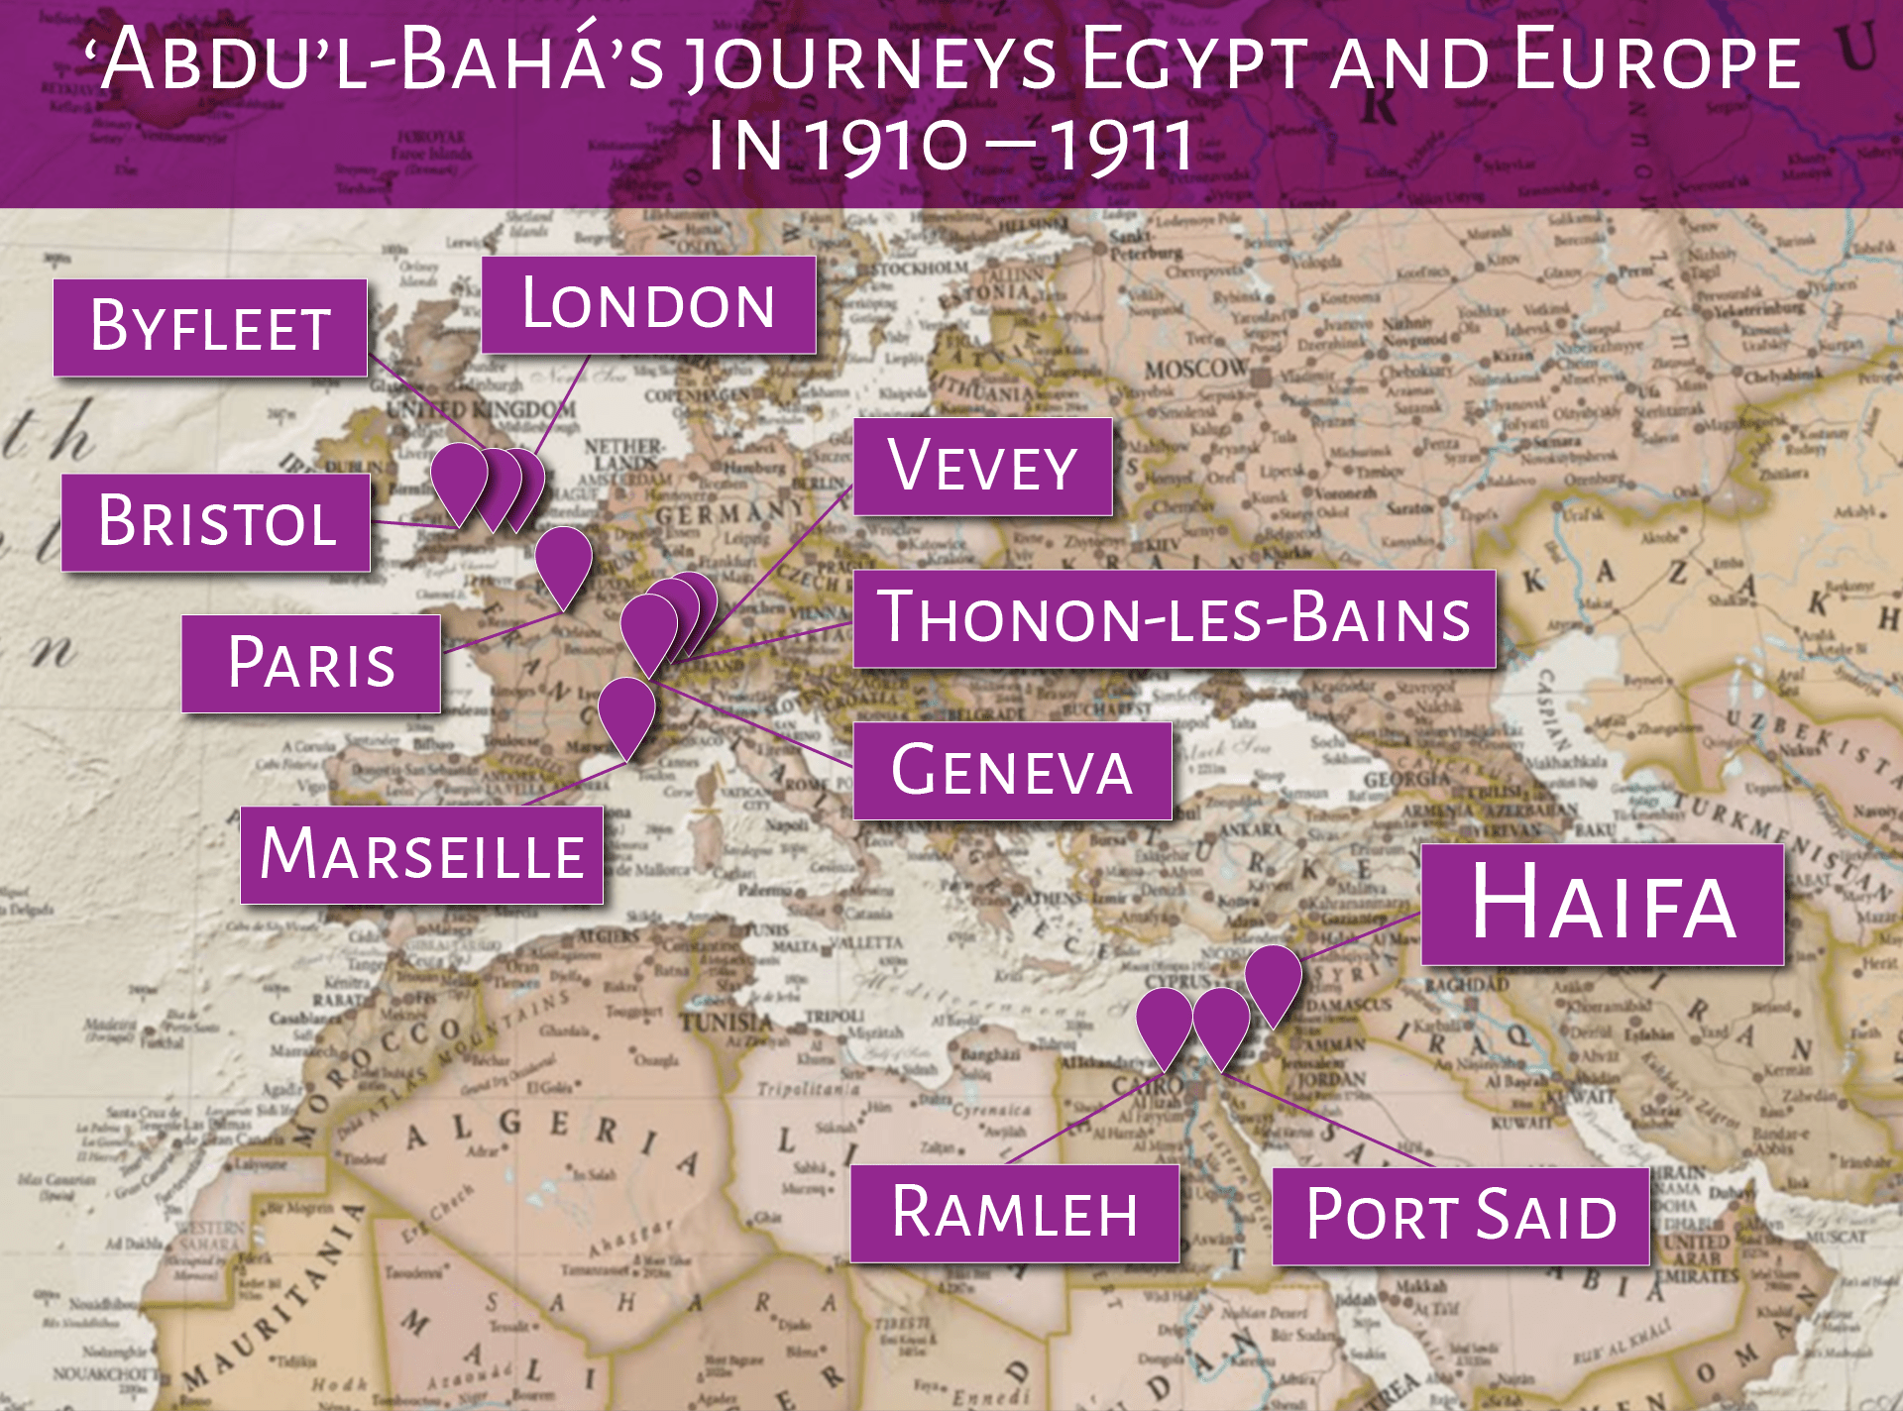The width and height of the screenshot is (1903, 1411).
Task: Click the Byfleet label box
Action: pyautogui.click(x=210, y=327)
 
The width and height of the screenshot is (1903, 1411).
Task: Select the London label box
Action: pyautogui.click(x=648, y=304)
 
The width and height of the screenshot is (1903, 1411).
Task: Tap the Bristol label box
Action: pyautogui.click(x=216, y=522)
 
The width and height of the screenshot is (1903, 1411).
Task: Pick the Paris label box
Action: pyautogui.click(x=311, y=663)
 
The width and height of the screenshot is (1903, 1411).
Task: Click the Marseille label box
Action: pyautogui.click(x=422, y=854)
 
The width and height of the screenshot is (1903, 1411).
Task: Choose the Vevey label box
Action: pyautogui.click(x=982, y=466)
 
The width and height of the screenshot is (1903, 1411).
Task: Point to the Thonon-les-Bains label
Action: pyautogui.click(x=1175, y=618)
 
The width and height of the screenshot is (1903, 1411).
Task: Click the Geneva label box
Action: pyautogui.click(x=1012, y=770)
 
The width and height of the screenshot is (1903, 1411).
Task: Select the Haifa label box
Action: pyautogui.click(x=1603, y=904)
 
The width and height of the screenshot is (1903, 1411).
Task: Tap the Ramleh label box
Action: pyautogui.click(x=1015, y=1213)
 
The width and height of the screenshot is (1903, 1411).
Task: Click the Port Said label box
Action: pyautogui.click(x=1461, y=1216)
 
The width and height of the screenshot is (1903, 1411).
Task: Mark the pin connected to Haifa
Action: pyautogui.click(x=1273, y=979)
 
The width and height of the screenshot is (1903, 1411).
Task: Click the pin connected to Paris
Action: pyautogui.click(x=563, y=561)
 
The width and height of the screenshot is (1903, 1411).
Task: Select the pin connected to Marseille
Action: pyautogui.click(x=626, y=710)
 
